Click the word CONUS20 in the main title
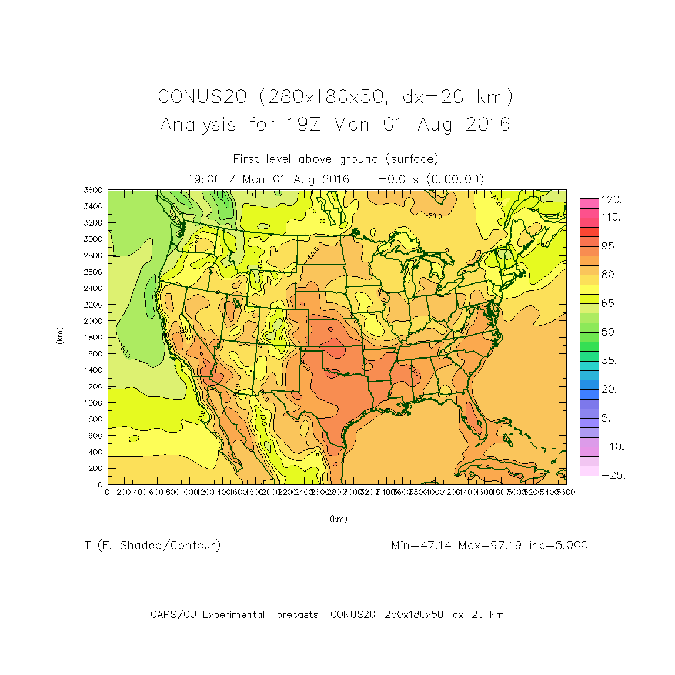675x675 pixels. pyautogui.click(x=202, y=96)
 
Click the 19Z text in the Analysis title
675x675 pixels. pyautogui.click(x=303, y=125)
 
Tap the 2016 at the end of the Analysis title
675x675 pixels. pyautogui.click(x=488, y=125)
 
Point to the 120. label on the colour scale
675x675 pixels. pyautogui.click(x=611, y=200)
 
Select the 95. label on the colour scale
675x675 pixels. pyautogui.click(x=609, y=246)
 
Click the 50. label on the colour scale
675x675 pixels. pyautogui.click(x=609, y=332)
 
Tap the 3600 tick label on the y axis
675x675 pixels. pyautogui.click(x=93, y=190)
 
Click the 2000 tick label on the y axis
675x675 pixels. pyautogui.click(x=93, y=321)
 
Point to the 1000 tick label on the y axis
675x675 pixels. pyautogui.click(x=93, y=403)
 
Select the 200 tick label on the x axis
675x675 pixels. pyautogui.click(x=123, y=492)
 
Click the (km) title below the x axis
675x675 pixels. pyautogui.click(x=338, y=519)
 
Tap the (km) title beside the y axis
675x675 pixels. pyautogui.click(x=59, y=336)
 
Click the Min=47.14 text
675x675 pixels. pyautogui.click(x=421, y=546)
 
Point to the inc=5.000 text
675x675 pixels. pyautogui.click(x=559, y=546)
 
